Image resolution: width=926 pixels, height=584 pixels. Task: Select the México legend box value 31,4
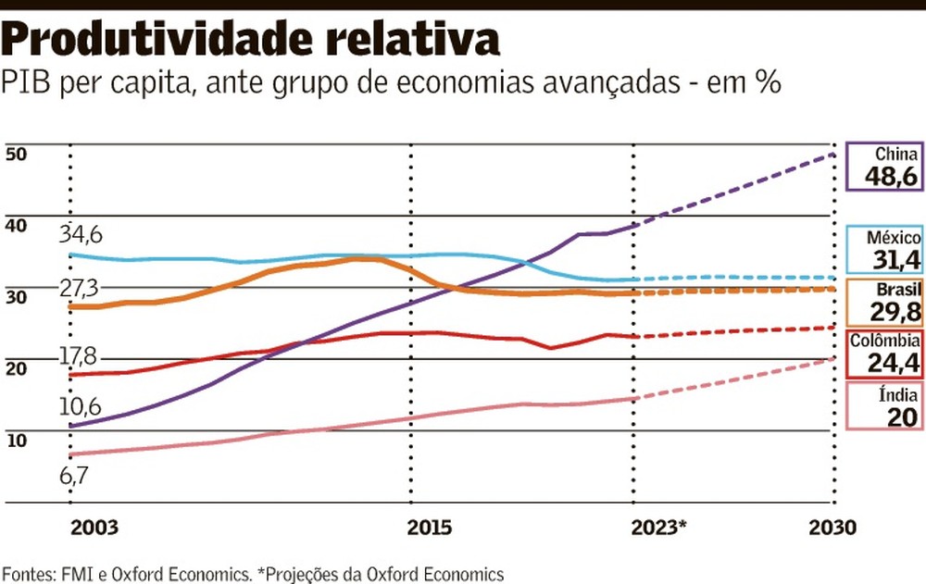tap(892, 258)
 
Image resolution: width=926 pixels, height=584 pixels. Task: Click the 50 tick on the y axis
tap(16, 154)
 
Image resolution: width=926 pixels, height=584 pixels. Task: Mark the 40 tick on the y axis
tap(16, 225)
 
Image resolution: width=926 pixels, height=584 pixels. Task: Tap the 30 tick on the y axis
tap(16, 296)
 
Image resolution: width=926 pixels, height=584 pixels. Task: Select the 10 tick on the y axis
tap(16, 439)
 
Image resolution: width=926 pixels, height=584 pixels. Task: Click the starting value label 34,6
tap(81, 232)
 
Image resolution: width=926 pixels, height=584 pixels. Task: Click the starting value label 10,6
tap(81, 405)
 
